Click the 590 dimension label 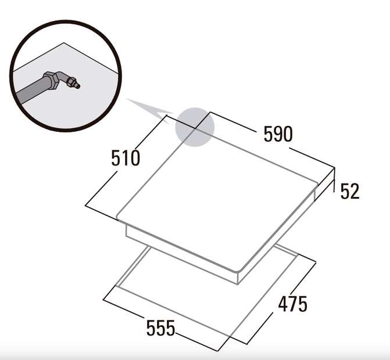(x=278, y=134)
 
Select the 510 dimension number (x=126, y=158)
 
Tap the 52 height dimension (x=350, y=191)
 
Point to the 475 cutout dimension (x=293, y=304)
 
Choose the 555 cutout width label (x=160, y=328)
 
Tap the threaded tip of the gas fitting (x=75, y=83)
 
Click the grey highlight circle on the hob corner (x=195, y=127)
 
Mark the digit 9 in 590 (x=278, y=134)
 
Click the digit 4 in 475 (x=283, y=304)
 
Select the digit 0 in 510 (x=135, y=159)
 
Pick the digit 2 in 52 (x=355, y=191)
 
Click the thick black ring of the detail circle (x=66, y=21)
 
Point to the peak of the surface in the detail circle (x=64, y=42)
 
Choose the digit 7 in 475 (x=293, y=304)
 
